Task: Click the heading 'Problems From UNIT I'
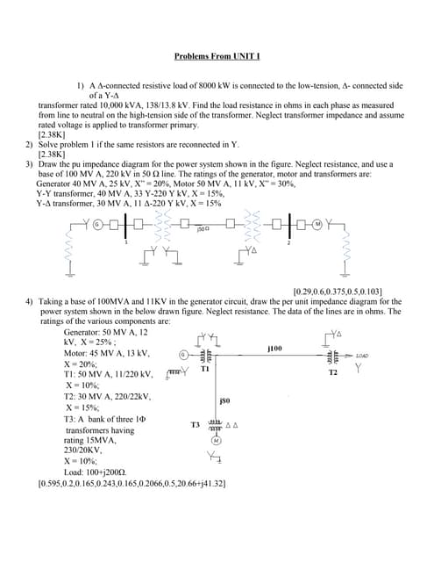pos(217,57)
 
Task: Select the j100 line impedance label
pos(274,349)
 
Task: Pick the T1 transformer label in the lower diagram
pos(203,370)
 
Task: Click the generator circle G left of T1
pos(181,356)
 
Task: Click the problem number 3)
pos(29,163)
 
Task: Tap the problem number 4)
pos(29,301)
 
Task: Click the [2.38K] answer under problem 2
pos(52,154)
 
